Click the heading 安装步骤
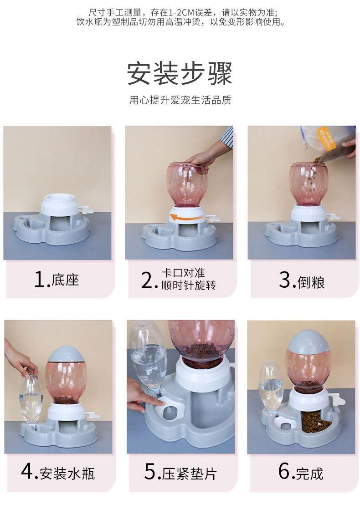[180, 74]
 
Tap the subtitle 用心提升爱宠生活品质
[180, 100]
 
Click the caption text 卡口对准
[183, 273]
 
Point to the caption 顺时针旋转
[188, 285]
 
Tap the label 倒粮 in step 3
[311, 282]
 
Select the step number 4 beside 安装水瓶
[27, 472]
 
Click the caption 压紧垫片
[189, 474]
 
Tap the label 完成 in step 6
[310, 473]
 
